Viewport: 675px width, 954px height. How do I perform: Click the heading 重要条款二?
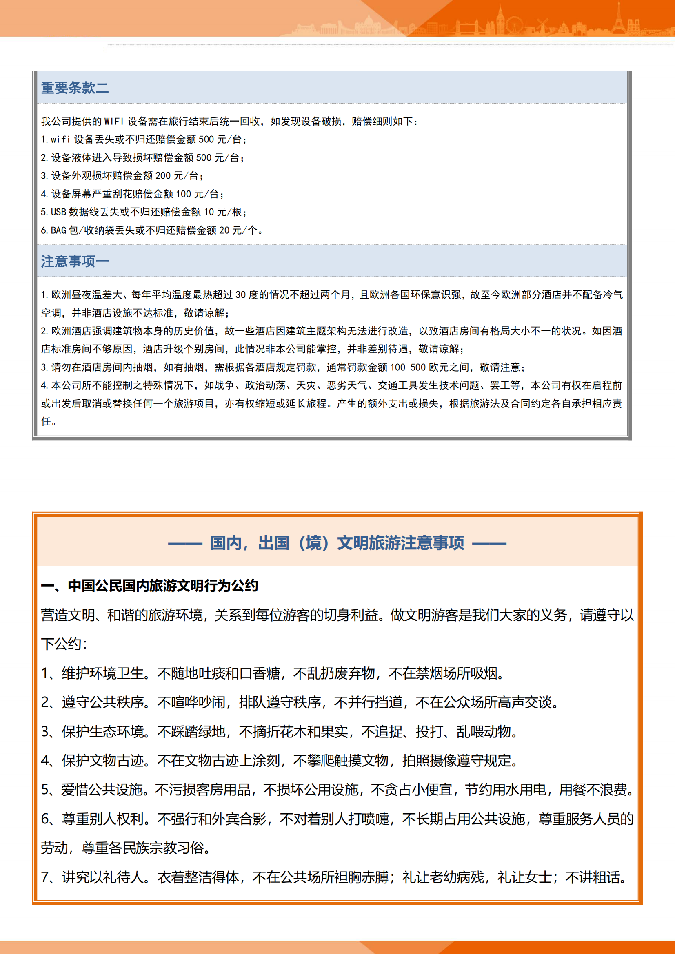pos(75,88)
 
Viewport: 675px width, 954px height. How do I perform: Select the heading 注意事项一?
pos(75,261)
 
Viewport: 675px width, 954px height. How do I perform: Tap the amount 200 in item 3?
pos(163,176)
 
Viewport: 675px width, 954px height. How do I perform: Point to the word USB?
pos(59,212)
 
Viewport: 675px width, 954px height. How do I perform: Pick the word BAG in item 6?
pos(59,230)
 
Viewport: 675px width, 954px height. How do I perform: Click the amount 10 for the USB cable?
pos(209,212)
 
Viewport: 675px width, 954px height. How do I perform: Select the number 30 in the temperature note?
pos(241,294)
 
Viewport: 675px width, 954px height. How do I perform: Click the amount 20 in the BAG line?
pos(224,230)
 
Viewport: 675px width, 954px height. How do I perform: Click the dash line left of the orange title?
pos(185,543)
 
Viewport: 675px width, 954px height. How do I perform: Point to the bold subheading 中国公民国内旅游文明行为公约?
pos(163,585)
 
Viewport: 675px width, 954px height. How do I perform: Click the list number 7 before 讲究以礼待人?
pos(45,877)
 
